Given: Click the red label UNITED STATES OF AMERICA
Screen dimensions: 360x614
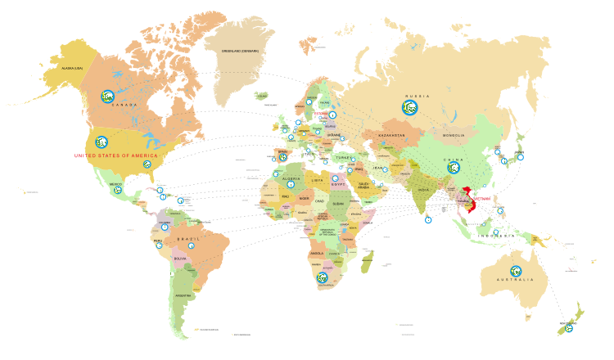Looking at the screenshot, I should point(115,155).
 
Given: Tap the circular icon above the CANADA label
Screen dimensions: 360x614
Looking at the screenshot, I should point(107,96).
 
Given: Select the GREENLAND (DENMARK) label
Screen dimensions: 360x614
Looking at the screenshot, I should point(240,51).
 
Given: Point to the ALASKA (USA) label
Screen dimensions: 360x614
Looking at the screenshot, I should point(66,68).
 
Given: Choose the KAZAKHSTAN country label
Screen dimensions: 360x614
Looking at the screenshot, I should point(391,135).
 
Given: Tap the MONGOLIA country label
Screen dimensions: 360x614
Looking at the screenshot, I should point(454,135).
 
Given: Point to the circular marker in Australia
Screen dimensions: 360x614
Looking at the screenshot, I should point(516,271).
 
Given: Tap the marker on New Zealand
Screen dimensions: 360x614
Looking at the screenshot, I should point(569,328).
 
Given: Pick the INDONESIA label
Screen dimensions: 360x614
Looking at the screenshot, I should point(497,236).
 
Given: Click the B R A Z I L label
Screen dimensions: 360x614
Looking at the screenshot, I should point(189,238).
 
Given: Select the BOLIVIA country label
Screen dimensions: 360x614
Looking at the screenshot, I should point(179,258).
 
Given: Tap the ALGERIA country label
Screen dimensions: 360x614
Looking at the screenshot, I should point(291,178).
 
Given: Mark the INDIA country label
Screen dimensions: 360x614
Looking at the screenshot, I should point(424,190).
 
